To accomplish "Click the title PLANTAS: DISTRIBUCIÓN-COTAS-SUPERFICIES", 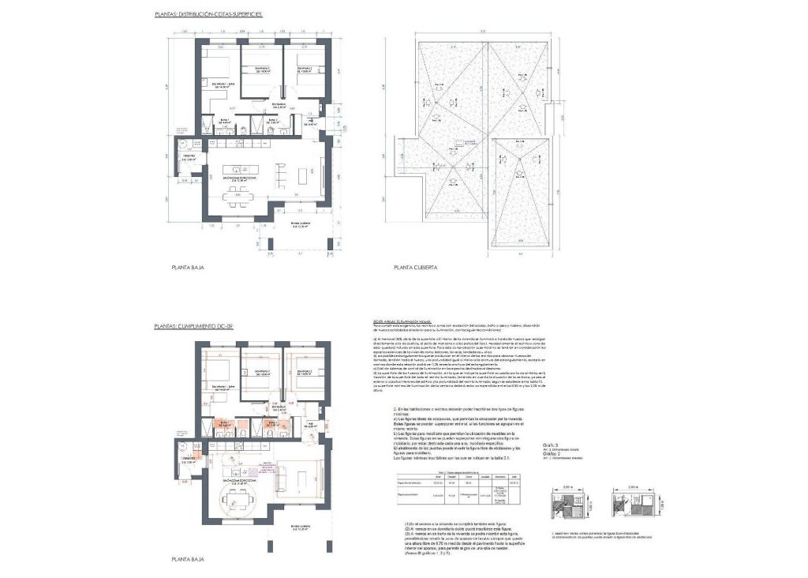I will pyautogui.click(x=209, y=15).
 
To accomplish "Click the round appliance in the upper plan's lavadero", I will pyautogui.click(x=181, y=144).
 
